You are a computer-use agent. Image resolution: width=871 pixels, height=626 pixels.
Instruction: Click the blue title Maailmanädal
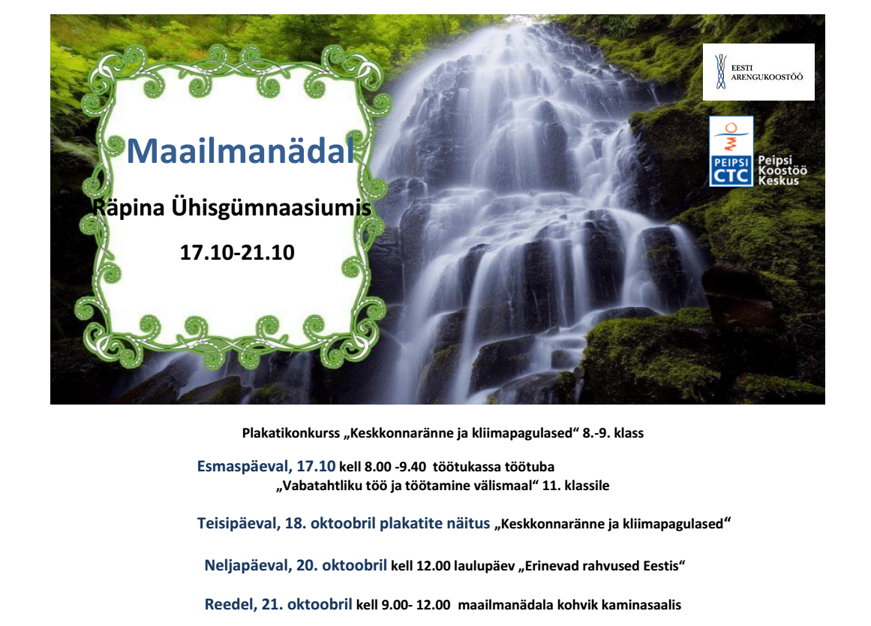241,151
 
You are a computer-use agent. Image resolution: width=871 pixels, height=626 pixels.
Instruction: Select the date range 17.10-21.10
237,252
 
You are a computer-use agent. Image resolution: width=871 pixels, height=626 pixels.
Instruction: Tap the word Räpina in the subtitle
128,208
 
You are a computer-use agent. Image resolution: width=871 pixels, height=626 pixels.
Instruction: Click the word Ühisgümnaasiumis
271,207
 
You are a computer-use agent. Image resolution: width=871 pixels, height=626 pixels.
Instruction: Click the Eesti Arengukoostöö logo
758,72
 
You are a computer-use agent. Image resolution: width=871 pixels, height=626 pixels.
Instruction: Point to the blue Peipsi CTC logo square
731,151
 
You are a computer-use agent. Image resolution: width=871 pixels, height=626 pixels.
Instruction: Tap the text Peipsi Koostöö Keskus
782,170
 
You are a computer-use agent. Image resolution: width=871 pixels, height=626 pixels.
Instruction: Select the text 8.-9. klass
613,433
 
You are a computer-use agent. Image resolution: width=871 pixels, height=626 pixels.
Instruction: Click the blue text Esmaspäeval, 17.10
266,466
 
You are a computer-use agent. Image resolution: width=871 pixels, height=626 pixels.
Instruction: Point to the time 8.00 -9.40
395,466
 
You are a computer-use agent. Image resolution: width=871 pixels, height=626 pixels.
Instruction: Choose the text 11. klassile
575,486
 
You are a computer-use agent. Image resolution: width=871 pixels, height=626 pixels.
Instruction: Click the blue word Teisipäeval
239,523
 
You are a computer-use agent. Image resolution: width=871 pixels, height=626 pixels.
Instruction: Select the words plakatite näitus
434,523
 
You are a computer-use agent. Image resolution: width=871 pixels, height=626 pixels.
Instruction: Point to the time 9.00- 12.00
416,605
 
